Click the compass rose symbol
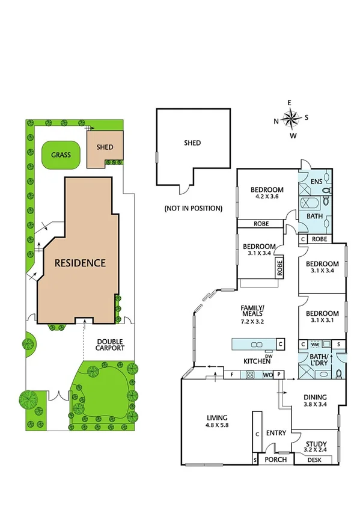click(290, 119)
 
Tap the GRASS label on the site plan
click(60, 155)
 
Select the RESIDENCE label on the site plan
click(80, 263)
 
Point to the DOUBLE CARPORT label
click(111, 344)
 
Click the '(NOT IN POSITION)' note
click(193, 208)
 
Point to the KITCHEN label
click(254, 361)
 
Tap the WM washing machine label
click(314, 344)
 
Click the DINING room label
click(314, 397)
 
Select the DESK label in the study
click(314, 460)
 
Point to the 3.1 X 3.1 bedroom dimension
click(322, 321)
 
